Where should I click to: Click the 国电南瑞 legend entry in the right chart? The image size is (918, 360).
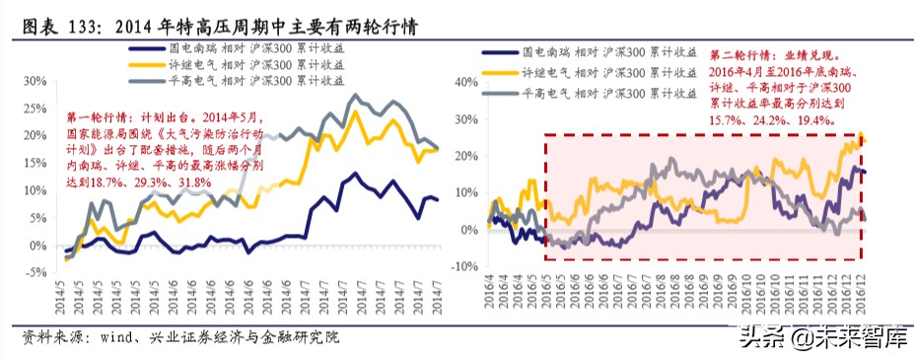pyautogui.click(x=604, y=52)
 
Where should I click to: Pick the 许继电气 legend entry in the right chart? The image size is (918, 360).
pyautogui.click(x=604, y=73)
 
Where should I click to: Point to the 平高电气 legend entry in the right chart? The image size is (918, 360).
pyautogui.click(x=604, y=94)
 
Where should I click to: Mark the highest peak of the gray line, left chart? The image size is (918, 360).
pyautogui.click(x=354, y=96)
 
